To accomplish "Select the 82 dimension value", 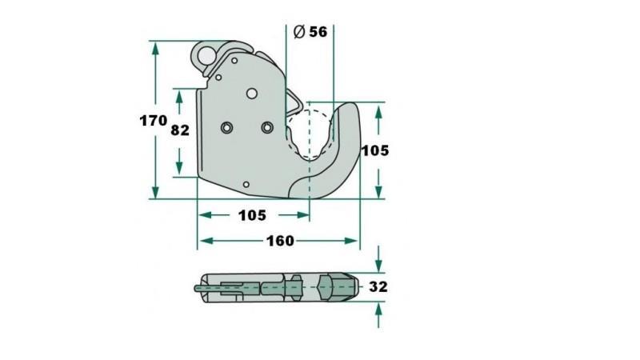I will (180, 130).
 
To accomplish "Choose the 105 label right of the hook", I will (374, 150).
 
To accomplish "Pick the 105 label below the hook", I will (252, 215).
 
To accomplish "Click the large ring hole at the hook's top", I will (208, 56).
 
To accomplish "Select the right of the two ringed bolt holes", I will (267, 127).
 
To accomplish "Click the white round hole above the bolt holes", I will (252, 94).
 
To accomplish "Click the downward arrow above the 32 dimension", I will (378, 261).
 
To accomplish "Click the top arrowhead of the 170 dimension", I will (155, 46).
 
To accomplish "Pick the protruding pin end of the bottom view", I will (197, 286).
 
